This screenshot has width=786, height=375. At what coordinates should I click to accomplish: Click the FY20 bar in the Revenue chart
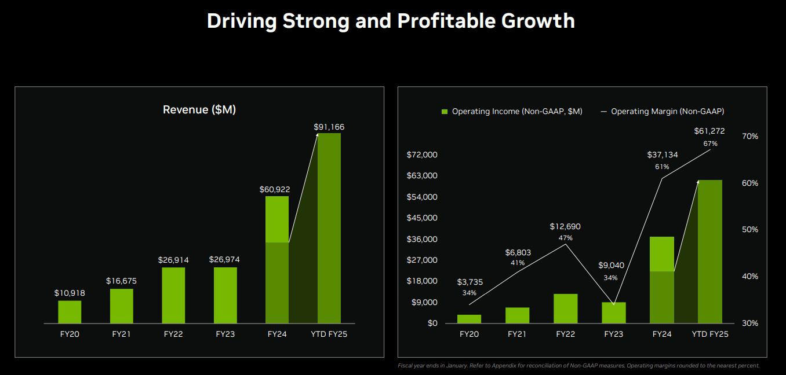70,312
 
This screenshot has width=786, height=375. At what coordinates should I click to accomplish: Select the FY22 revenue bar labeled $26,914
173,295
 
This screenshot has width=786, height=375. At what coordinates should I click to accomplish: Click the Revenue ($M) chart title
199,110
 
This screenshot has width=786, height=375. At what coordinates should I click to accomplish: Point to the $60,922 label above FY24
275,189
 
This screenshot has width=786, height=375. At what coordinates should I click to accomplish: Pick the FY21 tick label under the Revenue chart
122,334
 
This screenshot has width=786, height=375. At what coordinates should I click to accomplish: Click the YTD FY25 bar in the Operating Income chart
710,252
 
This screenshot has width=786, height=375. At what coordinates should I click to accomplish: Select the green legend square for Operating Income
445,111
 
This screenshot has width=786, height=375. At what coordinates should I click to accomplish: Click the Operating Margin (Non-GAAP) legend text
667,111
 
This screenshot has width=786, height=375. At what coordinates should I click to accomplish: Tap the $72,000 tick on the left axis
422,155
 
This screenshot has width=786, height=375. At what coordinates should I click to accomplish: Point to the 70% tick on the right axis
750,137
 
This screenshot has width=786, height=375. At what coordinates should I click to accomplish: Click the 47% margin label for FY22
565,238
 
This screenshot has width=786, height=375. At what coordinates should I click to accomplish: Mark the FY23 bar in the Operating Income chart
614,312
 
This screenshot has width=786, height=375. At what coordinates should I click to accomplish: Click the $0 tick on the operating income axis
432,323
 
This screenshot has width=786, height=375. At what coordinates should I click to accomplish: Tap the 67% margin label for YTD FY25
710,144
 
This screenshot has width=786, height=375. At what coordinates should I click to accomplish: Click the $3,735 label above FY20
470,282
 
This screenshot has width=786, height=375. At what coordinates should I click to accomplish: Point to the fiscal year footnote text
578,366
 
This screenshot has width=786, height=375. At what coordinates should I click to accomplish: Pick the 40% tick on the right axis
750,277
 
